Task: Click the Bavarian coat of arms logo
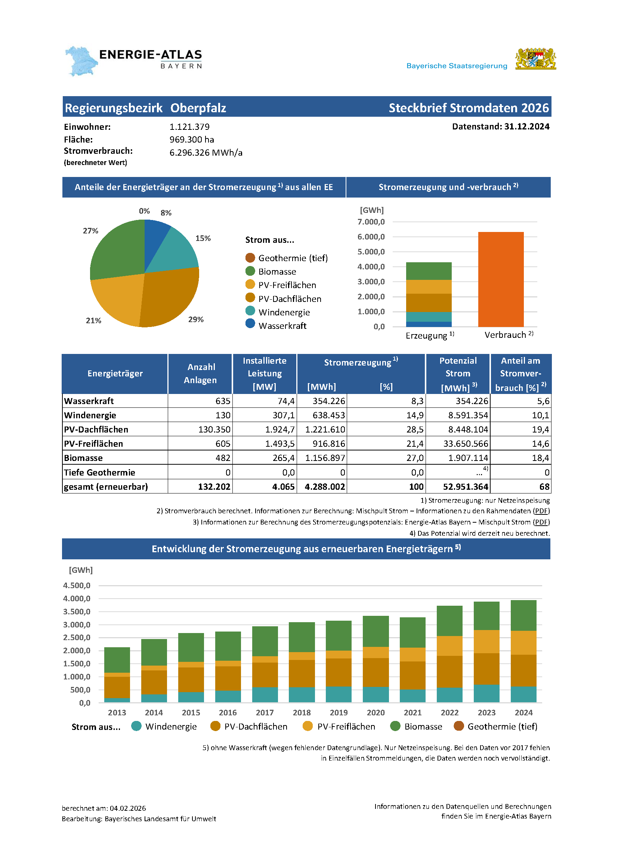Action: tap(535, 59)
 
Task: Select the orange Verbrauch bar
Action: tap(501, 279)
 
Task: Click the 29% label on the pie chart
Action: tap(196, 320)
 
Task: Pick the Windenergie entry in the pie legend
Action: tap(284, 312)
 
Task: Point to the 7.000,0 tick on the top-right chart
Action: tap(371, 222)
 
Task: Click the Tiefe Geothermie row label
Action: tap(99, 473)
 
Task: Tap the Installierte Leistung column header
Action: tap(265, 373)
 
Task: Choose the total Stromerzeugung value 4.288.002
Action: tap(325, 487)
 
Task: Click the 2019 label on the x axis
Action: tap(339, 713)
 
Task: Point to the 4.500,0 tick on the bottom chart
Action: tap(77, 585)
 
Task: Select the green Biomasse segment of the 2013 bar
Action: tap(117, 660)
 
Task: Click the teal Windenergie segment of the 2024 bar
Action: tap(523, 694)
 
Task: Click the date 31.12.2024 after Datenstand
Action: tap(526, 126)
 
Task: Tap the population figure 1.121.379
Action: tap(189, 127)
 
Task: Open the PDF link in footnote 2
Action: tap(541, 511)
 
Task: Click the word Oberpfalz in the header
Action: tap(198, 108)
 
